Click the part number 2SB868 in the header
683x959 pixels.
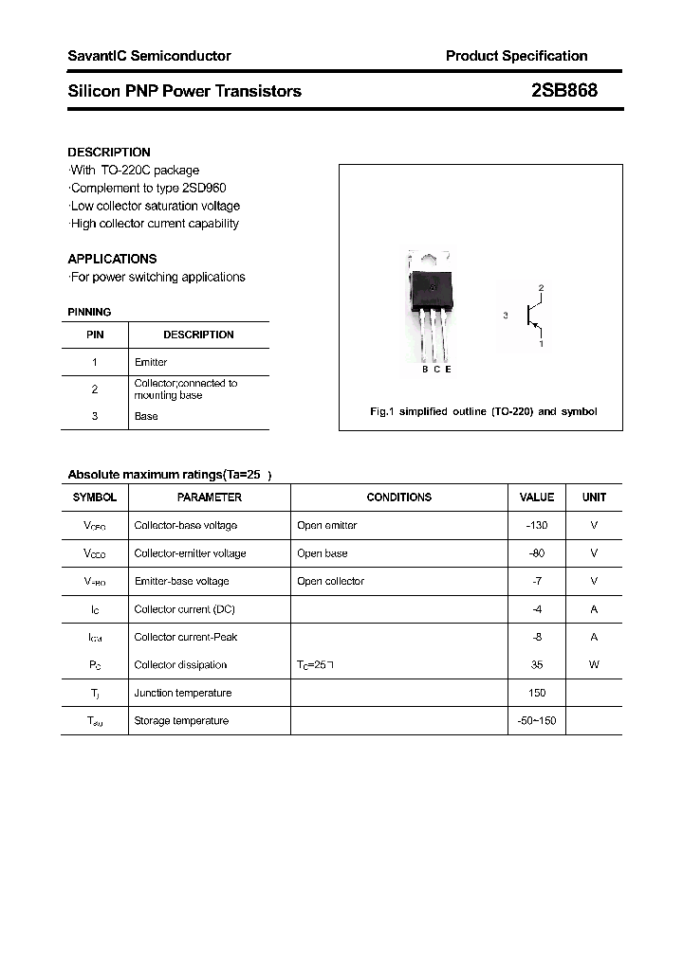564,91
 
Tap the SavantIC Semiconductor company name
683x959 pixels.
149,56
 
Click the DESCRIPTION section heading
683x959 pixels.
109,152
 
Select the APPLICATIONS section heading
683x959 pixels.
112,259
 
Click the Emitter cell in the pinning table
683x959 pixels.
151,362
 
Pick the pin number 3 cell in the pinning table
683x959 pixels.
95,416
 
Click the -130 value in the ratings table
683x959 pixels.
537,525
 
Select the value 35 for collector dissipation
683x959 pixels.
537,665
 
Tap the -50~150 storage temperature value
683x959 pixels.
537,721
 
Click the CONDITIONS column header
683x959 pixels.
398,498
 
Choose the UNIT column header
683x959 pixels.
594,498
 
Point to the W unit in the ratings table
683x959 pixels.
594,665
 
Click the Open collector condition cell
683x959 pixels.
330,581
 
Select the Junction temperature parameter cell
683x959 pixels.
182,693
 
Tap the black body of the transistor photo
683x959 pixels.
429,284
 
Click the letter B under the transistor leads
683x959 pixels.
425,370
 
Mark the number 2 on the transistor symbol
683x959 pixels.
541,287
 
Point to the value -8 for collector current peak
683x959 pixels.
537,637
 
